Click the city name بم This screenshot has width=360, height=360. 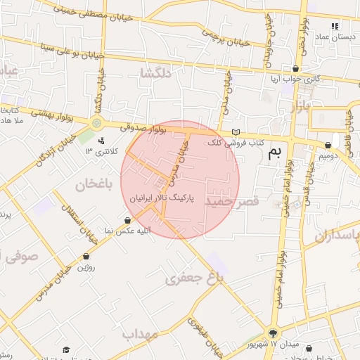(x=278, y=153)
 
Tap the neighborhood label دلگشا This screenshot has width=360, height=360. (x=156, y=73)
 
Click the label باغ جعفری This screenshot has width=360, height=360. (x=194, y=278)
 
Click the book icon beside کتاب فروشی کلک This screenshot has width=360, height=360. (x=236, y=132)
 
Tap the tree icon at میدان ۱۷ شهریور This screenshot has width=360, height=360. (x=273, y=333)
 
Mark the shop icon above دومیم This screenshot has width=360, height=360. (x=328, y=146)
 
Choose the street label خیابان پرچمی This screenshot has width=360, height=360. (x=224, y=35)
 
